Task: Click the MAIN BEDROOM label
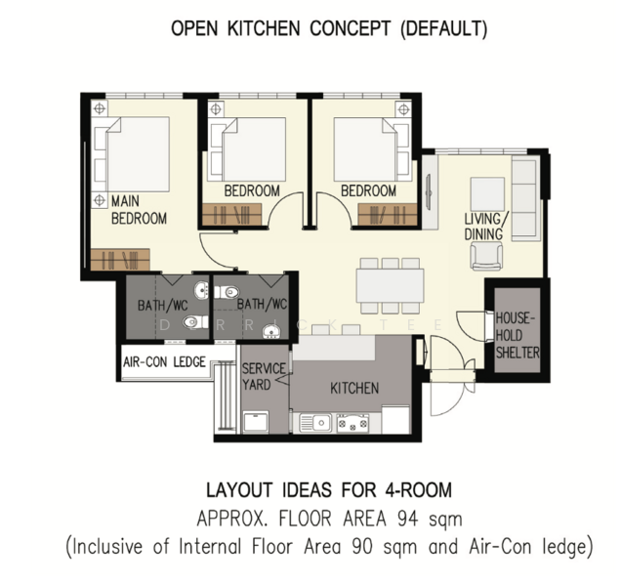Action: point(139,210)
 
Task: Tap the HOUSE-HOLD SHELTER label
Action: point(517,335)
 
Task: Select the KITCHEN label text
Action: point(354,389)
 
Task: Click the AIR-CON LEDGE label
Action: point(164,361)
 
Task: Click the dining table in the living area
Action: point(391,285)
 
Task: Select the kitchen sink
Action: point(315,423)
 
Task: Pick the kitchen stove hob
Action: point(352,423)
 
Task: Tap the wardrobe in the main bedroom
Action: point(120,260)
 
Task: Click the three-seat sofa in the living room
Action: point(525,198)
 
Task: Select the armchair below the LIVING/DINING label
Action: point(486,257)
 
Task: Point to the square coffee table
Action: point(487,194)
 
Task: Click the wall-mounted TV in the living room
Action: point(429,191)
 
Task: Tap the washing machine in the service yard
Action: point(256,422)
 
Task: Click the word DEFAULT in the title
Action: point(443,29)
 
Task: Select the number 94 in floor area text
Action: point(407,519)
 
